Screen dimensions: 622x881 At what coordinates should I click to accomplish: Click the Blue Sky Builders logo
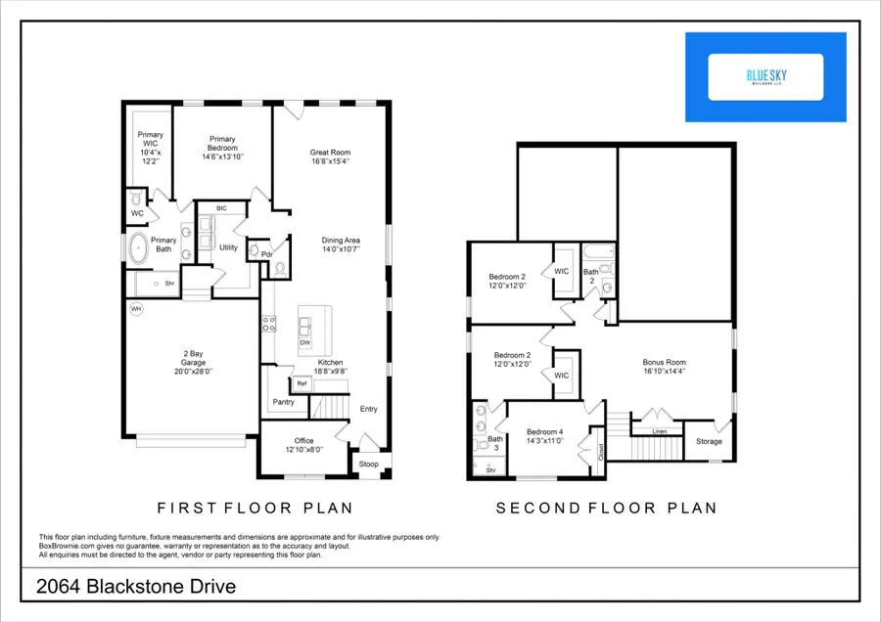[766, 77]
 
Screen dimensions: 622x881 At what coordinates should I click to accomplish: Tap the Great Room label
[330, 153]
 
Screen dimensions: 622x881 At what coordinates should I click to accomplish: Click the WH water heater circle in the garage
[136, 309]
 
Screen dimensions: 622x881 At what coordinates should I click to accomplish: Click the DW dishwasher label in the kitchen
[305, 343]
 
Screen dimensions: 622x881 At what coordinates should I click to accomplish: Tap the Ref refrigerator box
[302, 383]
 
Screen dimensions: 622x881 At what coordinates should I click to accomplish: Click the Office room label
[303, 440]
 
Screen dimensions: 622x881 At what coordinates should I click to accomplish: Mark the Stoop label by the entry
[369, 464]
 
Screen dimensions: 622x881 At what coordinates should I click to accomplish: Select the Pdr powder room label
[265, 254]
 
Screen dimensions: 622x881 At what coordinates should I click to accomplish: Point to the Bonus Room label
[663, 361]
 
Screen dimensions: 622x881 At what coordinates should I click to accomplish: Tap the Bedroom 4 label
[545, 431]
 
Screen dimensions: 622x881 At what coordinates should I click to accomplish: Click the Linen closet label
[660, 430]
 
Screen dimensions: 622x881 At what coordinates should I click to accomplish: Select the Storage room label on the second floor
[709, 441]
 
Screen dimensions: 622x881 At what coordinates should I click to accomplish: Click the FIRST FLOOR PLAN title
[255, 509]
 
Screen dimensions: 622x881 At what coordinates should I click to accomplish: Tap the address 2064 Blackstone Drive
[137, 588]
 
